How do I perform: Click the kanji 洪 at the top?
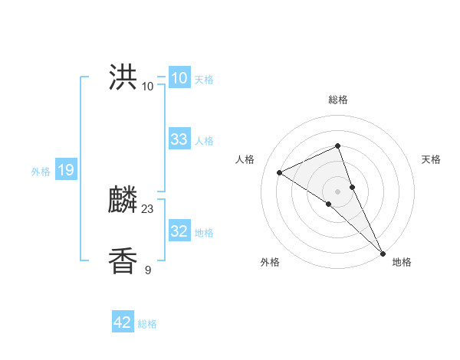[x=123, y=79]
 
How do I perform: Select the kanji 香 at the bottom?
[x=123, y=261]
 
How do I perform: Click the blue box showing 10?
[x=179, y=78]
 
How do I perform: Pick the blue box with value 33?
[x=179, y=139]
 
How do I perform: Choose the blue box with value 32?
[x=179, y=231]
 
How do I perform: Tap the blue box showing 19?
[x=65, y=170]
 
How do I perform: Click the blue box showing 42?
[x=123, y=322]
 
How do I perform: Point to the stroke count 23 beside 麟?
[x=148, y=209]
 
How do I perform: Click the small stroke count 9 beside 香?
[x=148, y=270]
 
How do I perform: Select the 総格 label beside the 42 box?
[x=147, y=324]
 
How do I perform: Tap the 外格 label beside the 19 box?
[x=41, y=172]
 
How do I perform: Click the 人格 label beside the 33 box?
[x=204, y=141]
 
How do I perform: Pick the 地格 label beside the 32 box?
[x=204, y=233]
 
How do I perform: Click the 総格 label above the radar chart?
[x=338, y=100]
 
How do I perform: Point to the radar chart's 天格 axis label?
[x=432, y=159]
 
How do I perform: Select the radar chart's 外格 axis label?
[x=270, y=262]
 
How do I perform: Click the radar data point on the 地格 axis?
[x=383, y=252]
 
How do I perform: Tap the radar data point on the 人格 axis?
[x=280, y=172]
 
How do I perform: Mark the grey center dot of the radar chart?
[x=338, y=191]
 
